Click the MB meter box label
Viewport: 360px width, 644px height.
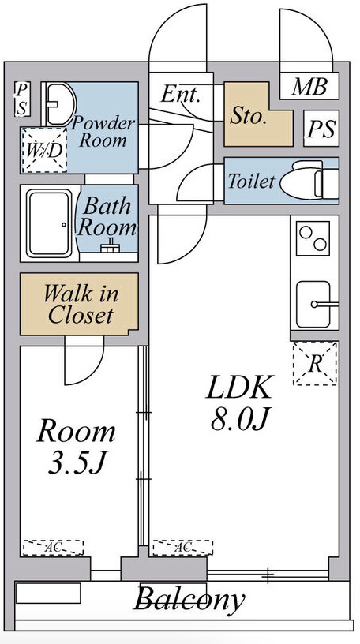[309, 87]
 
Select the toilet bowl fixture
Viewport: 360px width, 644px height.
[309, 181]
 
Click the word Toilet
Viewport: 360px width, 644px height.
[251, 182]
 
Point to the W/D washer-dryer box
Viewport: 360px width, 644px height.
[44, 150]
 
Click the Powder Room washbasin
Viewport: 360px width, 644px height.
[58, 104]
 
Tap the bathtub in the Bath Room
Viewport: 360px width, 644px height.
[49, 223]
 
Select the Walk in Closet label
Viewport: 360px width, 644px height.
[81, 304]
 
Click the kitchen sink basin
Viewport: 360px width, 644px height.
[314, 304]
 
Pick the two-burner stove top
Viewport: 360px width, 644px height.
[313, 238]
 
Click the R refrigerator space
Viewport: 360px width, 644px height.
[315, 364]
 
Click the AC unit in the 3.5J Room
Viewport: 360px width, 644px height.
[53, 548]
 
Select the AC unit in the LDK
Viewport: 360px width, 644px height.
[183, 548]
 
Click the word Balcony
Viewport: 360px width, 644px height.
[189, 600]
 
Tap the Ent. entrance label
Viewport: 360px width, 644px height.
[181, 94]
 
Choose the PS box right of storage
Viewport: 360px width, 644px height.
[321, 128]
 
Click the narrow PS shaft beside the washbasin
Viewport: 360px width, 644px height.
[22, 99]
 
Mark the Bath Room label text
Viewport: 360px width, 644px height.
[107, 217]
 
